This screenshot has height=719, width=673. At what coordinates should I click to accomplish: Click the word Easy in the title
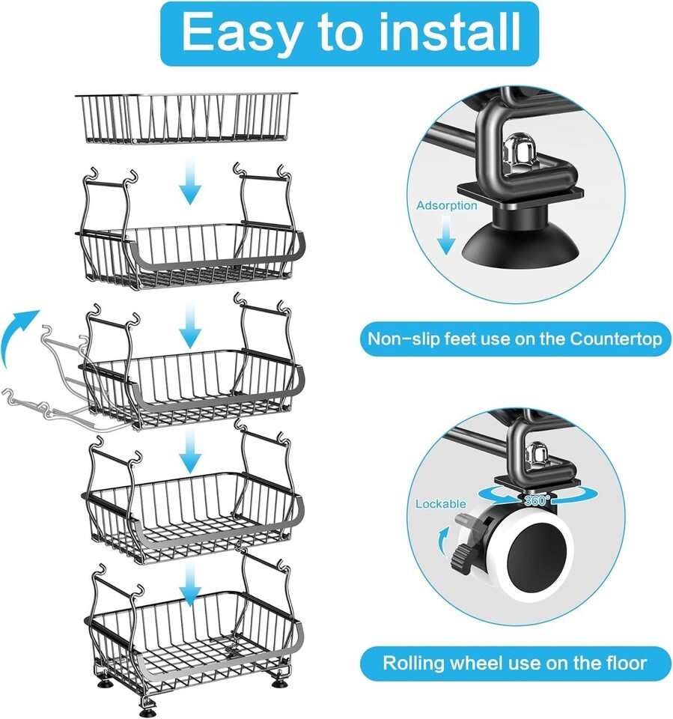[x=244, y=32]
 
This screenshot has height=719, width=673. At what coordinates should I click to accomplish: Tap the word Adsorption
[x=446, y=205]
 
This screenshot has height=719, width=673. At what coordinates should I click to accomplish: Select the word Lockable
[x=441, y=504]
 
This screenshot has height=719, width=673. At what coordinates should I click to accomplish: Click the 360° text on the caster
[x=537, y=500]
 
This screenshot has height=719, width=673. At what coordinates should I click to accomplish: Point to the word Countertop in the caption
[x=615, y=339]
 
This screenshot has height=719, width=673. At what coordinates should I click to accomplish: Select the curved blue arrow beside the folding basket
[x=18, y=333]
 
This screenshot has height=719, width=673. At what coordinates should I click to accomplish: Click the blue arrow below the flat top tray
[x=190, y=181]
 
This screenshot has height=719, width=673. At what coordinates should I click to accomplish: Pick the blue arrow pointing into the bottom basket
[x=191, y=583]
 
